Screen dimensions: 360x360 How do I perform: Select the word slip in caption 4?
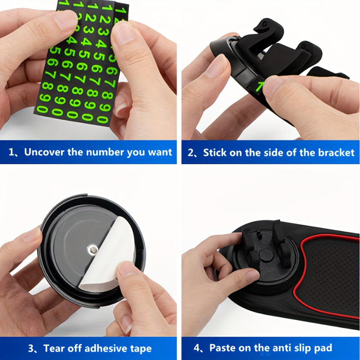[x=295, y=348]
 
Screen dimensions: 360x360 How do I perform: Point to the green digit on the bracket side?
[x=259, y=86]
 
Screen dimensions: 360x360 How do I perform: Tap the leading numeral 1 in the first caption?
[x=12, y=152]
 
